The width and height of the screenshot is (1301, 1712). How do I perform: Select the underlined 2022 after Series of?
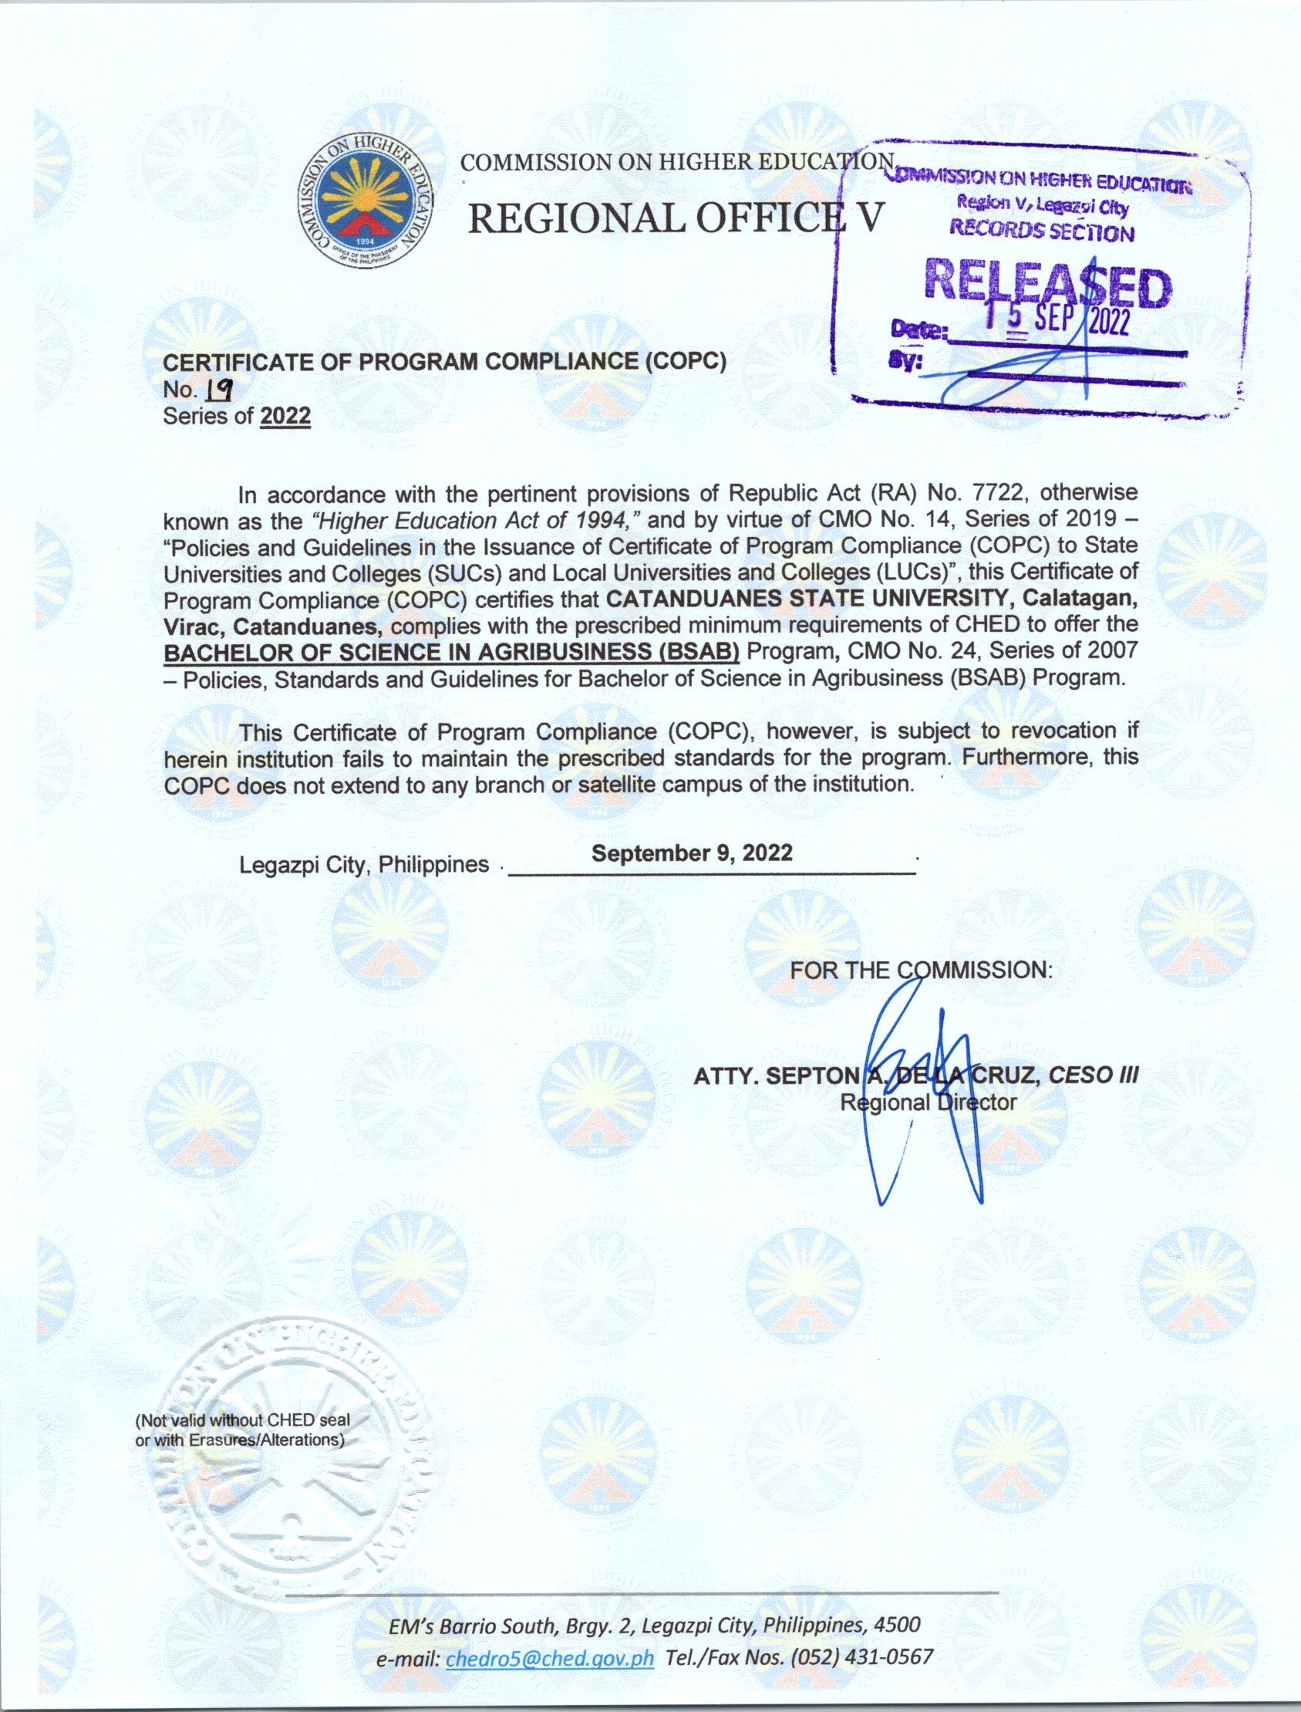[x=285, y=417]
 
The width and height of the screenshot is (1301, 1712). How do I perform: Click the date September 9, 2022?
[x=692, y=853]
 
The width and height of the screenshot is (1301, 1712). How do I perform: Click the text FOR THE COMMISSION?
[x=921, y=970]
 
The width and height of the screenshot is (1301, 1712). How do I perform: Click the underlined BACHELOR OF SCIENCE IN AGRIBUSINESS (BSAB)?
[x=451, y=652]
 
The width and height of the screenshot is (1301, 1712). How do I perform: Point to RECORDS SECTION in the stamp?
[x=1042, y=230]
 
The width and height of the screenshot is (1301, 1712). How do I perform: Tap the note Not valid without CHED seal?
[x=242, y=1420]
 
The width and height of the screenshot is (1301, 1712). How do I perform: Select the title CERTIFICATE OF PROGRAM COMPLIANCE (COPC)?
[x=444, y=362]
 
